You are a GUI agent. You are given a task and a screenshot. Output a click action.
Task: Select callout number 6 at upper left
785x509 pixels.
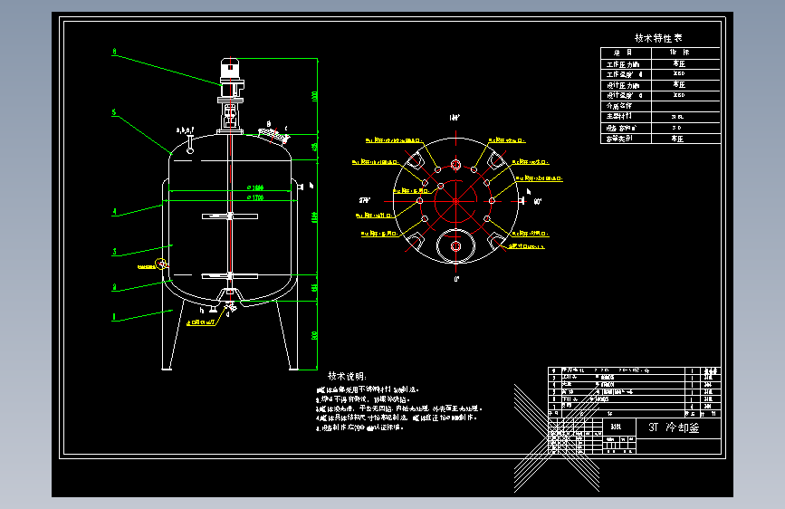click(x=114, y=53)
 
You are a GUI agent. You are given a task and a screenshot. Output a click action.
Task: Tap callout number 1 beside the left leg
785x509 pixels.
click(x=114, y=317)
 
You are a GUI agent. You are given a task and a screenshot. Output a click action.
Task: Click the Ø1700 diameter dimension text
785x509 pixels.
click(x=254, y=197)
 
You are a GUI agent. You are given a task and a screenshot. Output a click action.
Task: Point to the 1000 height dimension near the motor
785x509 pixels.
click(x=315, y=95)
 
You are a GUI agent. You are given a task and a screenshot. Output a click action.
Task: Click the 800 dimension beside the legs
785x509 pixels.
click(x=315, y=335)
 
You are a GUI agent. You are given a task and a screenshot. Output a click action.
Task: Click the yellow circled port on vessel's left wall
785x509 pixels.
click(x=162, y=264)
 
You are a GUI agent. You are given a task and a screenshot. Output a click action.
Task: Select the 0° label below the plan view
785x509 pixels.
click(x=455, y=279)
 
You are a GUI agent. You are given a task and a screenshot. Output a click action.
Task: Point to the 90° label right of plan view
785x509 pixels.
click(x=537, y=201)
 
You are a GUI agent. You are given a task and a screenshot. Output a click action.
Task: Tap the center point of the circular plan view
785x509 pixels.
click(x=455, y=199)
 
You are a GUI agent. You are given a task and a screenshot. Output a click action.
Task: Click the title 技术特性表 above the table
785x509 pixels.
click(x=659, y=38)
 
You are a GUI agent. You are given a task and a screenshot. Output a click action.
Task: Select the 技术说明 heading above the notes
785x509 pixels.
click(x=346, y=376)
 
